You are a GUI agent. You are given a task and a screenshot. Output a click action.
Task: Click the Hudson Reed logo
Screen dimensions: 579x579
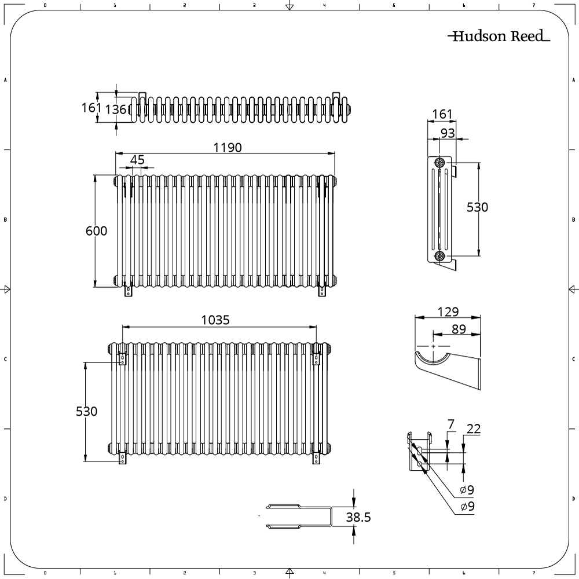[499, 36]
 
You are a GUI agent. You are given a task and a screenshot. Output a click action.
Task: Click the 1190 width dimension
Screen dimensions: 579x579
[228, 148]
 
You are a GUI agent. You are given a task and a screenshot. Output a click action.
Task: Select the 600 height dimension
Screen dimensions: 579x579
[96, 231]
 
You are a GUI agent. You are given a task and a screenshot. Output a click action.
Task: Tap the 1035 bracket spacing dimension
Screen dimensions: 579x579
[215, 320]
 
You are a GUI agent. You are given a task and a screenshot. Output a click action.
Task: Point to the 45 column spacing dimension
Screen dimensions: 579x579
[137, 160]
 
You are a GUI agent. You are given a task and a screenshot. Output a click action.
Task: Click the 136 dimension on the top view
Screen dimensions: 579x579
[116, 109]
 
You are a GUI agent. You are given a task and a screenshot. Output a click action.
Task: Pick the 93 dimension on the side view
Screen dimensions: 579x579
[448, 133]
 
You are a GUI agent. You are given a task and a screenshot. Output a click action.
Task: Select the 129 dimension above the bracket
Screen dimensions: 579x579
[448, 312]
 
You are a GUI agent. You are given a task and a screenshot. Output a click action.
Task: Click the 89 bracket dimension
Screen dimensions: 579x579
[459, 329]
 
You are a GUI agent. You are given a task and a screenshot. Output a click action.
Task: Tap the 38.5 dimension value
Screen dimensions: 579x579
[358, 517]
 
